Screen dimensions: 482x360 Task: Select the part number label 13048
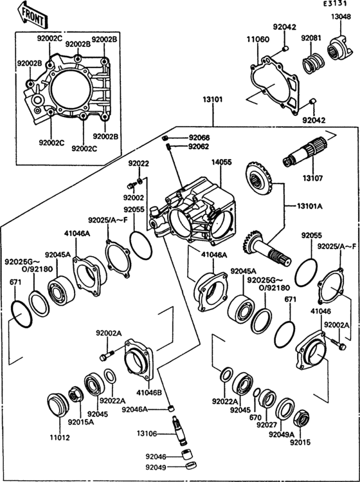click(x=341, y=17)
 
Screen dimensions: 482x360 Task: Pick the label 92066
click(x=199, y=138)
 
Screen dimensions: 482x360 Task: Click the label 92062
click(x=199, y=147)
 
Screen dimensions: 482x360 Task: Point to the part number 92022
click(x=138, y=163)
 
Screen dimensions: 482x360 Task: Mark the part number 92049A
click(x=282, y=434)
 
